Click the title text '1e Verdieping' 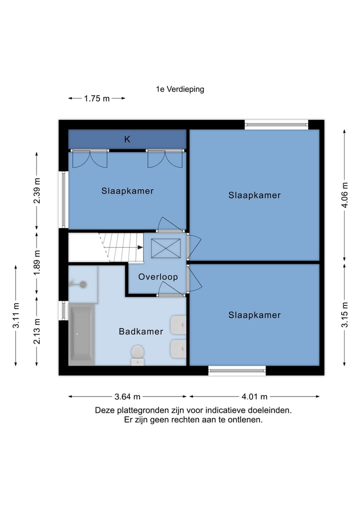click(x=180, y=89)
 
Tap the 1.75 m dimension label click(x=96, y=98)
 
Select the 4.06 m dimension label click(x=345, y=195)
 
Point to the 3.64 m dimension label click(x=127, y=396)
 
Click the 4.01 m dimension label click(x=254, y=396)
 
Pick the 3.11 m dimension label click(x=16, y=315)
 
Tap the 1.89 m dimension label click(x=37, y=262)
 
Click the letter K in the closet click(x=127, y=139)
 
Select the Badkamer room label click(x=141, y=332)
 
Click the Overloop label click(x=158, y=277)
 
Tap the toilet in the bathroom click(x=137, y=355)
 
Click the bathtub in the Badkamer click(x=81, y=334)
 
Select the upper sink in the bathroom click(x=178, y=325)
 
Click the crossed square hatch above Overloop click(x=165, y=248)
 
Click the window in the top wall click(x=276, y=124)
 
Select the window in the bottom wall click(x=237, y=371)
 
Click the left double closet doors click(x=90, y=159)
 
